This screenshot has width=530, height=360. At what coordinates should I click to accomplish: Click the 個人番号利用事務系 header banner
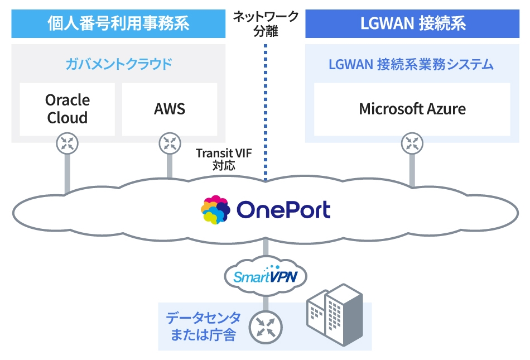(x=118, y=24)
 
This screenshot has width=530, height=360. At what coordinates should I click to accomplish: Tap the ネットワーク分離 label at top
(x=266, y=24)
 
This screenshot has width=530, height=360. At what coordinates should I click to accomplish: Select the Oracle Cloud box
(x=68, y=109)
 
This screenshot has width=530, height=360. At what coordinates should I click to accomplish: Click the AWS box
(x=170, y=109)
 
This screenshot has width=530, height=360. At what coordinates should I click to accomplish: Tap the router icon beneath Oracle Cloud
(x=68, y=143)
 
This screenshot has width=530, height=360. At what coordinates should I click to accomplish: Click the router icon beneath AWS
(x=170, y=143)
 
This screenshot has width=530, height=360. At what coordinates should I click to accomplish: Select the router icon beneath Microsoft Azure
(x=412, y=143)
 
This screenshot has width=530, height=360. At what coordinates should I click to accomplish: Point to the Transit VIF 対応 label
(x=224, y=159)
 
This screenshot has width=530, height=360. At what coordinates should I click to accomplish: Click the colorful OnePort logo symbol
(x=216, y=210)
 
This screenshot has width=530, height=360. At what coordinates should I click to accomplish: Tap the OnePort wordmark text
(x=283, y=210)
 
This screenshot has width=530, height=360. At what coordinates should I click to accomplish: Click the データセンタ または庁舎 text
(x=203, y=327)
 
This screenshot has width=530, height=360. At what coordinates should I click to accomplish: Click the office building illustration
(x=335, y=315)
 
